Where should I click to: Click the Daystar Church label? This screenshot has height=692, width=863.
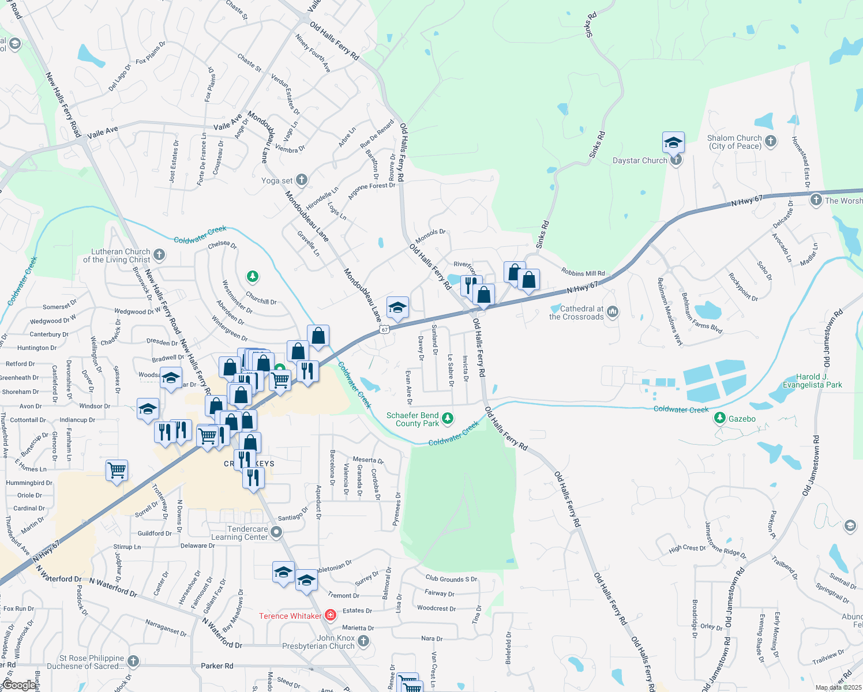click(639, 161)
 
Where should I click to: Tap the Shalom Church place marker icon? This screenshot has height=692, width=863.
click(771, 141)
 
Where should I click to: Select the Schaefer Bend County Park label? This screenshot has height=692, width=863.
click(412, 419)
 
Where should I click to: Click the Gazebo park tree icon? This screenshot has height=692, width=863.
click(719, 418)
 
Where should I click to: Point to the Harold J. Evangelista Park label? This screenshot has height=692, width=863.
click(812, 381)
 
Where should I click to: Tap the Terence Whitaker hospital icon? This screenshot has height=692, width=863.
click(331, 615)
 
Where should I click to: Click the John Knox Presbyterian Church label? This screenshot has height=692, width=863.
click(318, 642)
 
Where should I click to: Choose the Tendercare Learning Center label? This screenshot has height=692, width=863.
click(247, 533)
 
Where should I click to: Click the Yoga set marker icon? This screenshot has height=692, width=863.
click(301, 180)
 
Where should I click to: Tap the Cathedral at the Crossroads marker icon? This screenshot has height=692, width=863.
click(613, 312)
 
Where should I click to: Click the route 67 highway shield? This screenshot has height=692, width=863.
click(385, 329)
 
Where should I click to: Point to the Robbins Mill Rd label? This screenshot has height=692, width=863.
click(583, 273)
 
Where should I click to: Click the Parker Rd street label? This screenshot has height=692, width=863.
click(217, 665)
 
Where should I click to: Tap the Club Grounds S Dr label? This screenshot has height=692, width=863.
click(451, 578)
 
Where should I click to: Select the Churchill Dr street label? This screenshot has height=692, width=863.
click(261, 300)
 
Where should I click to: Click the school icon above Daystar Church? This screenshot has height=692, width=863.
click(673, 142)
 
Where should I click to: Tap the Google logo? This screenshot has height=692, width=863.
click(19, 685)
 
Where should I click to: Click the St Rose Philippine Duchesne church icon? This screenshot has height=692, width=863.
click(133, 661)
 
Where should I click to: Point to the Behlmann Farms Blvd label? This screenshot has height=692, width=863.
click(701, 313)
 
